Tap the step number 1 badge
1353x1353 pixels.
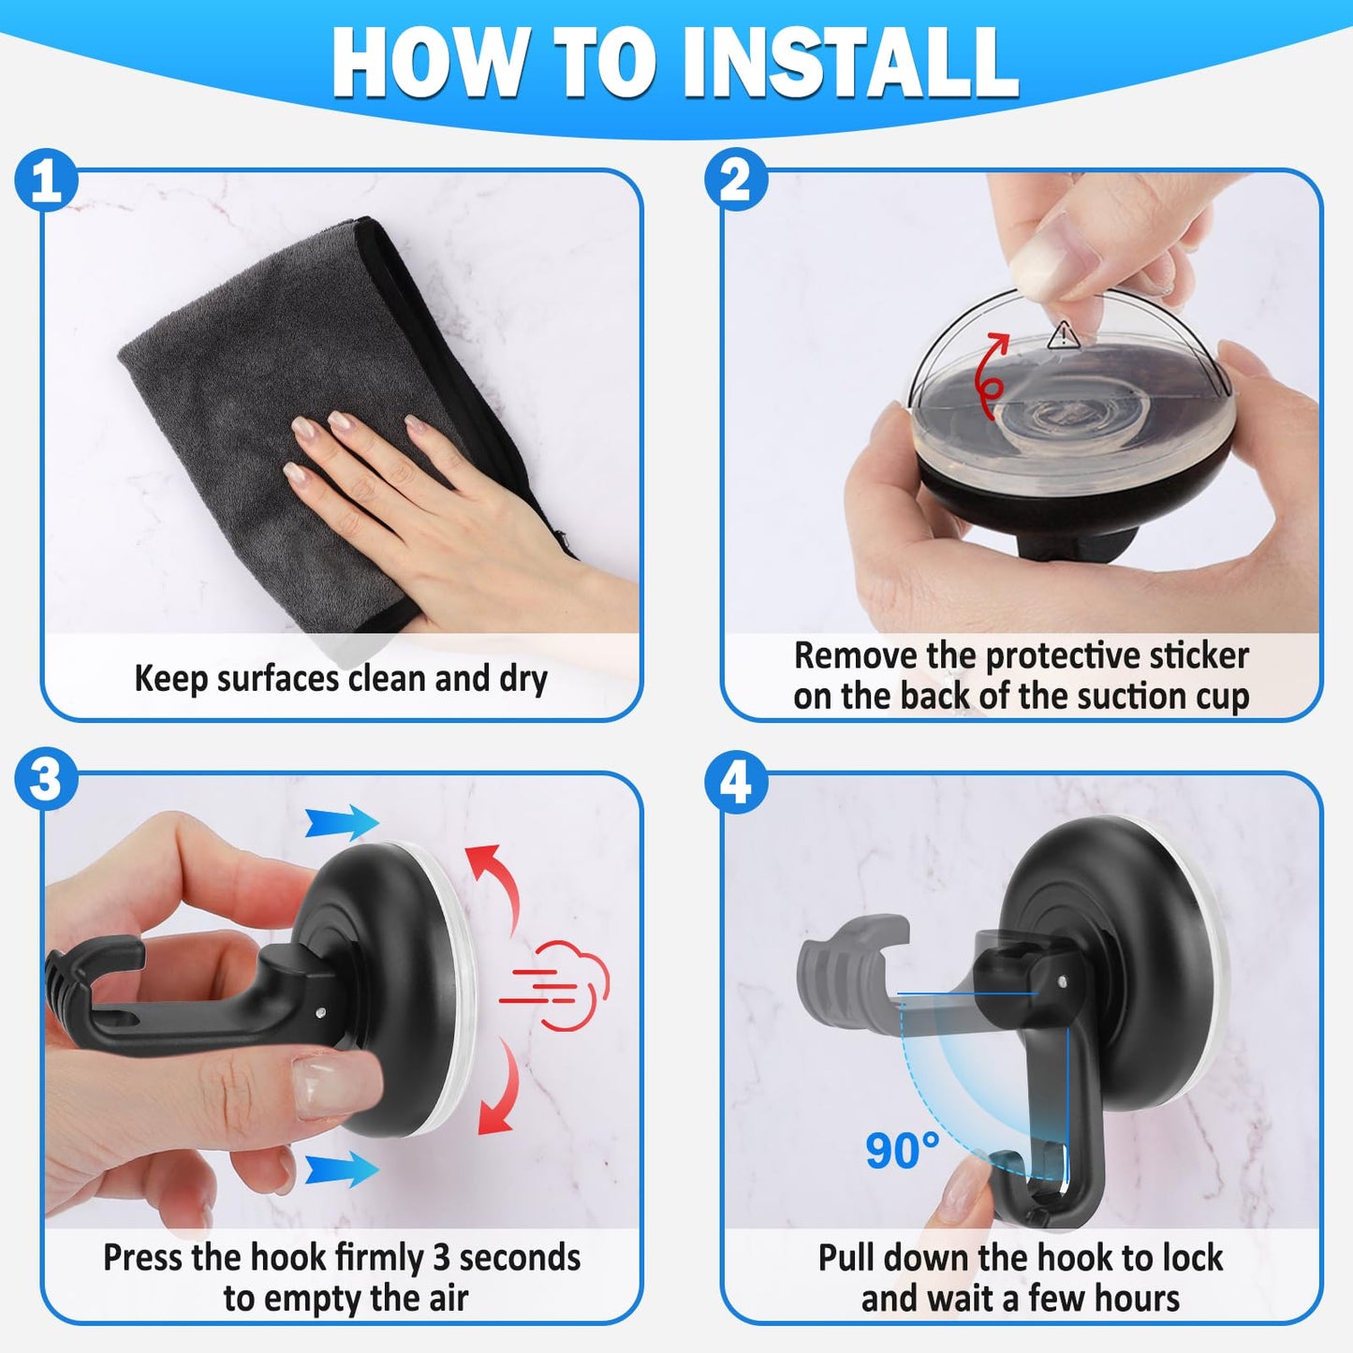(x=46, y=180)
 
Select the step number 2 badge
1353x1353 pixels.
(x=736, y=180)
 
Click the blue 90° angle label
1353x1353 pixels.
(x=902, y=1150)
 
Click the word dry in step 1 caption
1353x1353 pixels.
(x=523, y=679)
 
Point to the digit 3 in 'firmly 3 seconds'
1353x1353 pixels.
(x=441, y=1257)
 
